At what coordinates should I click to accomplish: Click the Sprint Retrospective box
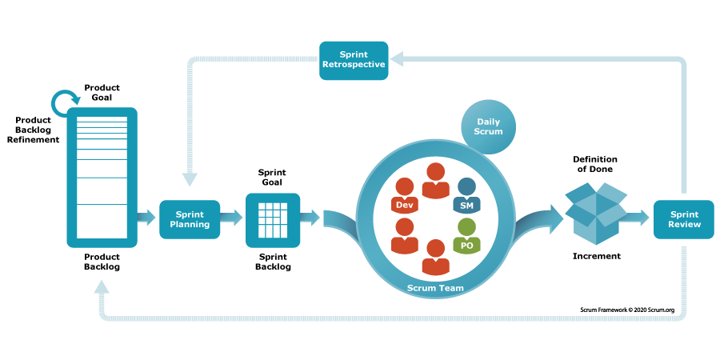click(354, 60)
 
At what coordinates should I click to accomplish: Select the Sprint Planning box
click(190, 219)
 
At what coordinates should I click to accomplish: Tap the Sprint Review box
click(684, 219)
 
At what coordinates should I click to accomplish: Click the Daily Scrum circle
click(488, 126)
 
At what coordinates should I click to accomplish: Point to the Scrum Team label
click(435, 287)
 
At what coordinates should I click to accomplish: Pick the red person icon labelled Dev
click(405, 197)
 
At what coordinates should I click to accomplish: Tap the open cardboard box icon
click(596, 212)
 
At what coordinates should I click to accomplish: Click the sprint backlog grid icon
click(273, 220)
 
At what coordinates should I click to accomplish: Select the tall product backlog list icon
click(102, 177)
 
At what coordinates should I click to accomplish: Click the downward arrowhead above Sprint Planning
click(190, 178)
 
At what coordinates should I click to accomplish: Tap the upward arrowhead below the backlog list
click(102, 287)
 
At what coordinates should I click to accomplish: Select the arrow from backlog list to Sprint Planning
click(147, 218)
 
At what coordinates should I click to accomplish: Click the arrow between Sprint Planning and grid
click(232, 218)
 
